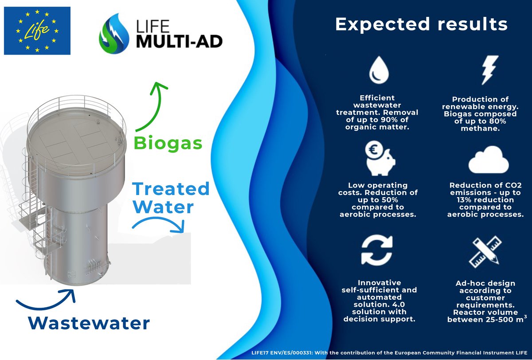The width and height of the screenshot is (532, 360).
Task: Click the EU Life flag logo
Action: point(37,31)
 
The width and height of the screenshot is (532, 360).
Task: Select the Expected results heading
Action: point(421,24)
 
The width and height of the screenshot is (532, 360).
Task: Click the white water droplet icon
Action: point(376,71)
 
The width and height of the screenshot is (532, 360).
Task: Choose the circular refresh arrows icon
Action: point(377,250)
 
